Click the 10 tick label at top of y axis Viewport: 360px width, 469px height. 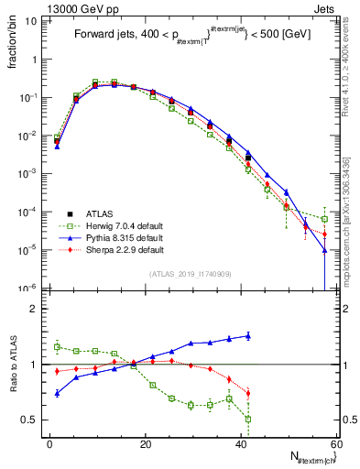(31, 20)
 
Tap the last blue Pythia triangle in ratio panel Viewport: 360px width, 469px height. (248, 335)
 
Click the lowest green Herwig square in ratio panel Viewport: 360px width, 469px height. (248, 419)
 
